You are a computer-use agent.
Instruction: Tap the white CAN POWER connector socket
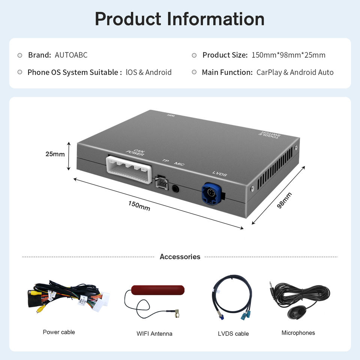pyautogui.click(x=129, y=169)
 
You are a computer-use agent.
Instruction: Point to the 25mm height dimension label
pyautogui.click(x=55, y=154)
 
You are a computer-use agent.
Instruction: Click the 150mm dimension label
pyautogui.click(x=139, y=205)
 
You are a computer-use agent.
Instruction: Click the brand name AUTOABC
pyautogui.click(x=71, y=55)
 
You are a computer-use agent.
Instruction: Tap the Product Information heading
pyautogui.click(x=180, y=19)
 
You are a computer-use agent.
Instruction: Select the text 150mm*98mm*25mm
pyautogui.click(x=288, y=55)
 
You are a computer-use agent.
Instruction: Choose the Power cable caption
pyautogui.click(x=59, y=332)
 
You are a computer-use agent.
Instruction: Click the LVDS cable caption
pyautogui.click(x=233, y=333)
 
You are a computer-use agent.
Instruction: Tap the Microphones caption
pyautogui.click(x=298, y=333)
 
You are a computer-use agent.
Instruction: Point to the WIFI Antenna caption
pyautogui.click(x=154, y=333)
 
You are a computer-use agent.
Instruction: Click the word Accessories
pyautogui.click(x=180, y=257)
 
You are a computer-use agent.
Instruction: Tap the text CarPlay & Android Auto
pyautogui.click(x=295, y=72)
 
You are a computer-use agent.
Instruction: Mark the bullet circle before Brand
pyautogui.click(x=20, y=55)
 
